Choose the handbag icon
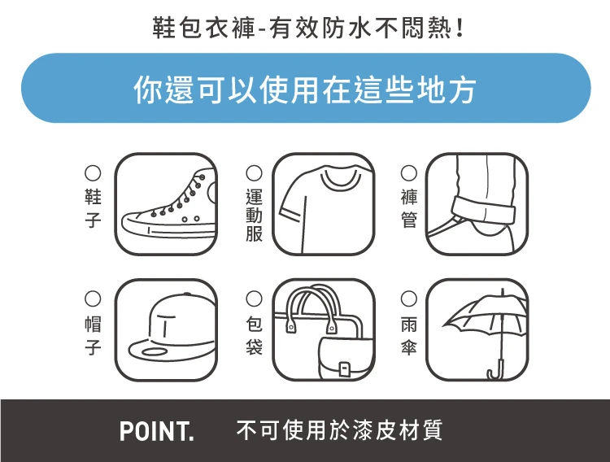[x=323, y=330]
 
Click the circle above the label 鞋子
[x=93, y=172]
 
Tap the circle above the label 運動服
[x=254, y=172]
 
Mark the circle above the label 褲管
[x=409, y=172]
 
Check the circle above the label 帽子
[x=93, y=299]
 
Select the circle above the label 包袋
[x=254, y=299]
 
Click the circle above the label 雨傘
[x=409, y=299]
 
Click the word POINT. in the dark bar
[x=157, y=431]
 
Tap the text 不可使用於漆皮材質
[x=339, y=430]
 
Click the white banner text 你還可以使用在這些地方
[x=305, y=90]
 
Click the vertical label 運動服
[x=254, y=215]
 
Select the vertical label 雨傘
[x=409, y=335]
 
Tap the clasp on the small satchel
[x=344, y=368]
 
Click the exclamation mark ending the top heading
[x=460, y=28]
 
